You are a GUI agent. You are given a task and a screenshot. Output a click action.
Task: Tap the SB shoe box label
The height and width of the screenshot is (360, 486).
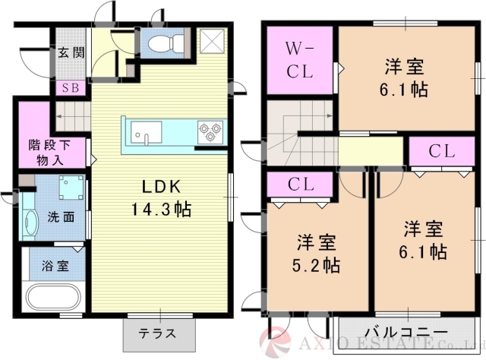[x=70, y=87]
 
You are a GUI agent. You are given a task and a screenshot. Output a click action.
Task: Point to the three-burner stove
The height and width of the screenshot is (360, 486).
[x=207, y=131]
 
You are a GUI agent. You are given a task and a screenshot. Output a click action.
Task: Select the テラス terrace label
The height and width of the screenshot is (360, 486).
[x=157, y=333]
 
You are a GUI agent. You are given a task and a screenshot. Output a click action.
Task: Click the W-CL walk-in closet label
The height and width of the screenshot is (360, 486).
[x=299, y=62]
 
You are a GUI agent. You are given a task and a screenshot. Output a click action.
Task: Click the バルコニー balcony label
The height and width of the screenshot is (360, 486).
[x=405, y=333]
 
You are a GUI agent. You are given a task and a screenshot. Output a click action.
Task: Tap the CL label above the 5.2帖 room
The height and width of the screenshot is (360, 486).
[x=301, y=184]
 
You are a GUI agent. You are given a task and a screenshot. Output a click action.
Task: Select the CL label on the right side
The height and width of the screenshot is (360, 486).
[x=441, y=151]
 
